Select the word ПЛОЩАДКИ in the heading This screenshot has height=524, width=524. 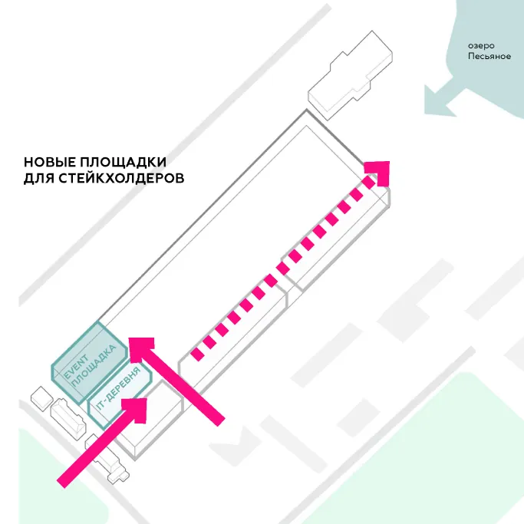pyautogui.click(x=123, y=163)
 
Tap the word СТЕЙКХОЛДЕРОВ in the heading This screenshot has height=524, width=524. pyautogui.click(x=122, y=178)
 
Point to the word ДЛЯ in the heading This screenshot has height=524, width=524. pyautogui.click(x=39, y=179)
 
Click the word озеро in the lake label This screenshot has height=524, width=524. pyautogui.click(x=481, y=46)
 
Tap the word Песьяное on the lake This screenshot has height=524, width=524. pyautogui.click(x=489, y=56)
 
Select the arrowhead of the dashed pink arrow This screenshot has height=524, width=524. pyautogui.click(x=379, y=173)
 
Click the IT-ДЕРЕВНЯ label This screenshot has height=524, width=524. pyautogui.click(x=118, y=389)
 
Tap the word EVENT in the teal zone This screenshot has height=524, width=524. pyautogui.click(x=76, y=367)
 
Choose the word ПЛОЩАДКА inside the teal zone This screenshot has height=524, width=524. pyautogui.click(x=94, y=366)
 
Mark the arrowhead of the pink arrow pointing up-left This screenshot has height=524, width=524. pyautogui.click(x=141, y=350)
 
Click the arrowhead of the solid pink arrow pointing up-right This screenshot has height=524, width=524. pyautogui.click(x=134, y=410)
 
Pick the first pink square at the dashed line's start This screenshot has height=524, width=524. pyautogui.click(x=197, y=354)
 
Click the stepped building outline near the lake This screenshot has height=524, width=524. pyautogui.click(x=350, y=75)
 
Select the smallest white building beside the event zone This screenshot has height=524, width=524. pyautogui.click(x=41, y=398)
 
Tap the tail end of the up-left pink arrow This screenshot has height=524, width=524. pyautogui.click(x=219, y=421)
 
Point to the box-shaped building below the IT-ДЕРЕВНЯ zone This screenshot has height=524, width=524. pyautogui.click(x=150, y=420)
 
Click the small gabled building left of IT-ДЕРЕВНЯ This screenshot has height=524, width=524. pyautogui.click(x=68, y=417)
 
